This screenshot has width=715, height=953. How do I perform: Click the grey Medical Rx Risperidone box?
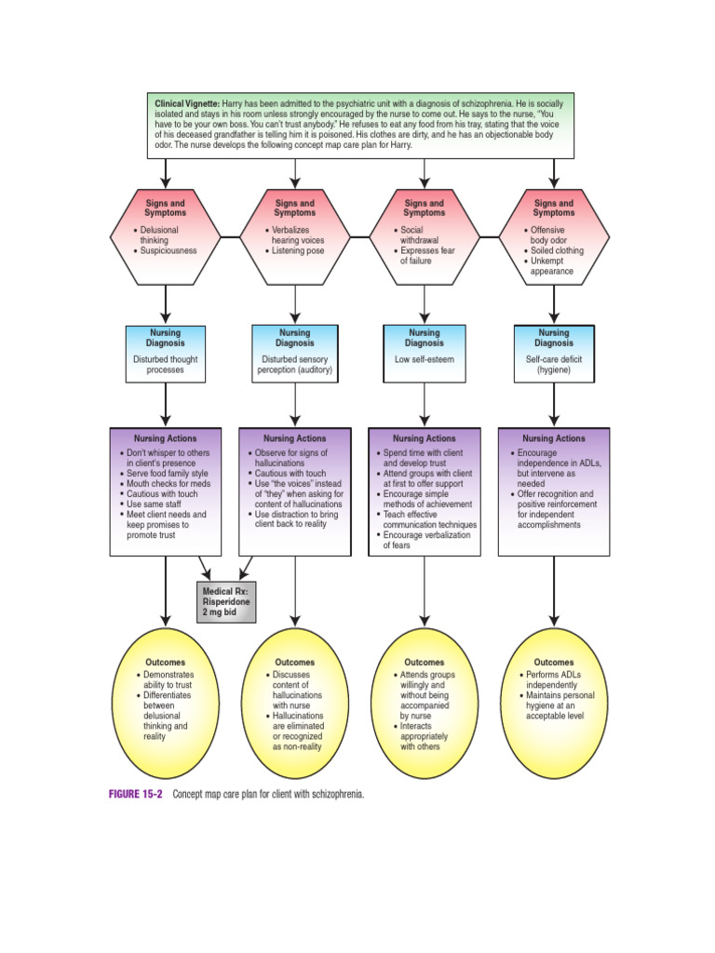tap(225, 601)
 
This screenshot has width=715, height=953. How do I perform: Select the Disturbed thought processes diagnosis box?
tap(166, 354)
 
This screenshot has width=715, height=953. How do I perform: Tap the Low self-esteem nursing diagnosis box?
tap(425, 354)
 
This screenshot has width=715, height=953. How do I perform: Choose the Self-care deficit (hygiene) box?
tap(554, 354)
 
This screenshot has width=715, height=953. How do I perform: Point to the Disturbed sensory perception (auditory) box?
tap(295, 354)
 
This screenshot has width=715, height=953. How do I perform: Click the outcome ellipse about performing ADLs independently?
tap(554, 703)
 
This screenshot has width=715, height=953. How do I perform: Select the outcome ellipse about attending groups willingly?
tap(425, 703)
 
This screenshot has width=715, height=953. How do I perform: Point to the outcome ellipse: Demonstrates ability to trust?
tap(166, 703)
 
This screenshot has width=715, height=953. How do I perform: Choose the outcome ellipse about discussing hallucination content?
tap(295, 703)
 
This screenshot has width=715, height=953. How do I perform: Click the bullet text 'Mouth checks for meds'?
tap(168, 484)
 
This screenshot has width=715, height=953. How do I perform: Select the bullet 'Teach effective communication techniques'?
tap(429, 519)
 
